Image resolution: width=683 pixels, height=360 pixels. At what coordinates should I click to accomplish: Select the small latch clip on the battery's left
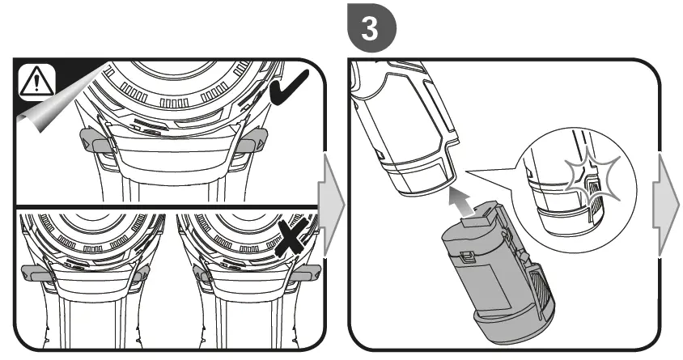[x=467, y=258]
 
